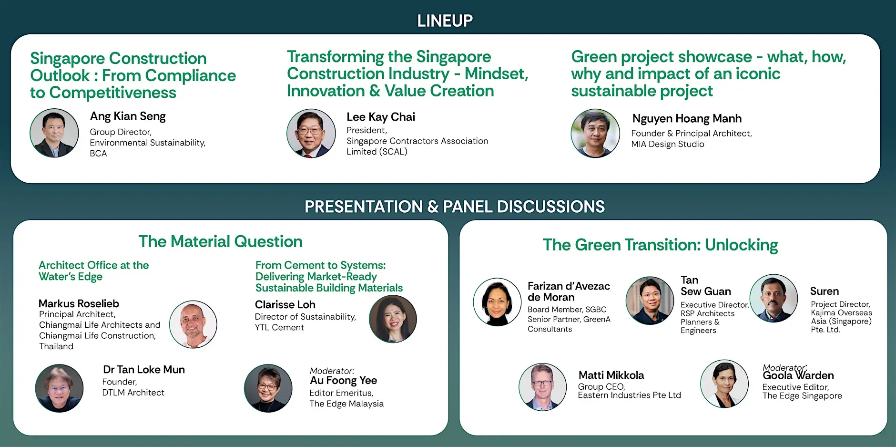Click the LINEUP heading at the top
point(445,21)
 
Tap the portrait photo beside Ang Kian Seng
point(54,133)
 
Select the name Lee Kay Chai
point(381,117)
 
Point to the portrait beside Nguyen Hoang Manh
point(595,133)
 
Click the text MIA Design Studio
point(668,144)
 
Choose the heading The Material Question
point(220,241)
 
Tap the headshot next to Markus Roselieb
point(193,324)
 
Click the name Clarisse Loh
point(285,304)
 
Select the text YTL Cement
point(279,327)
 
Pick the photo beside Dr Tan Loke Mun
point(59,388)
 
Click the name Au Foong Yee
point(343,380)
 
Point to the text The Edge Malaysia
point(346,404)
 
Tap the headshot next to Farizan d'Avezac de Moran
point(497,302)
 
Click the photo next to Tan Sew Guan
point(650,301)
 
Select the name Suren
point(825,291)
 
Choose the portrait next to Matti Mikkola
point(543,387)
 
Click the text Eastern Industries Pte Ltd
point(630,395)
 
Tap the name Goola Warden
point(798,375)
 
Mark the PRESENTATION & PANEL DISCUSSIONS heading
point(455,207)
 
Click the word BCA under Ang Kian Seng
point(98,154)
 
